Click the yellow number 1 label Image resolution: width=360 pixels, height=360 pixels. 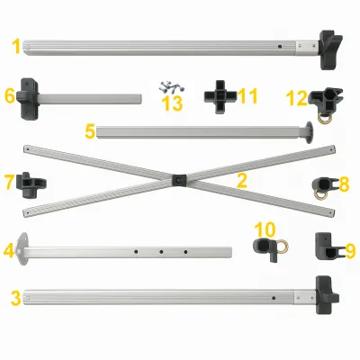(15, 44)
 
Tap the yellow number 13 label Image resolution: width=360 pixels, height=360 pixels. (170, 103)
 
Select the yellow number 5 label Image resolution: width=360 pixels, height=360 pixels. (90, 131)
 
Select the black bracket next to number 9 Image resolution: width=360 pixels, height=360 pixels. (324, 244)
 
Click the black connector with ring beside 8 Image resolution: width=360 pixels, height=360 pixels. (319, 186)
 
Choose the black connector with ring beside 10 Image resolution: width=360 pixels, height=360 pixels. (266, 248)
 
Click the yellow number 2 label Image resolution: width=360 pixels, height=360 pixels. (241, 181)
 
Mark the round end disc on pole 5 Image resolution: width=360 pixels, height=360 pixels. (310, 130)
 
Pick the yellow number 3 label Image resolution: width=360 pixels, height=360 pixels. (15, 297)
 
